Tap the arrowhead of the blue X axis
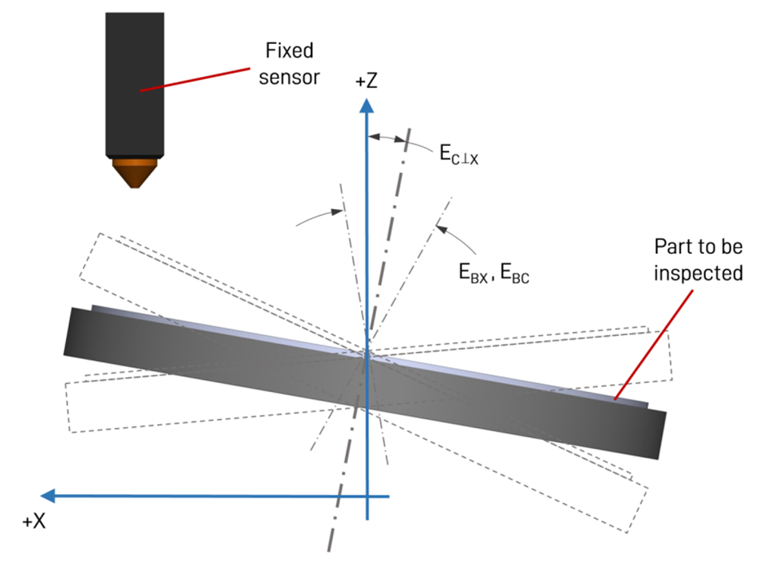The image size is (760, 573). (x=48, y=496)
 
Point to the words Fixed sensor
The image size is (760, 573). (x=288, y=65)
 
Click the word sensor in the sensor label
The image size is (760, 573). (x=288, y=78)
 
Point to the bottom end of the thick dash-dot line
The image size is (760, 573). (x=329, y=549)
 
